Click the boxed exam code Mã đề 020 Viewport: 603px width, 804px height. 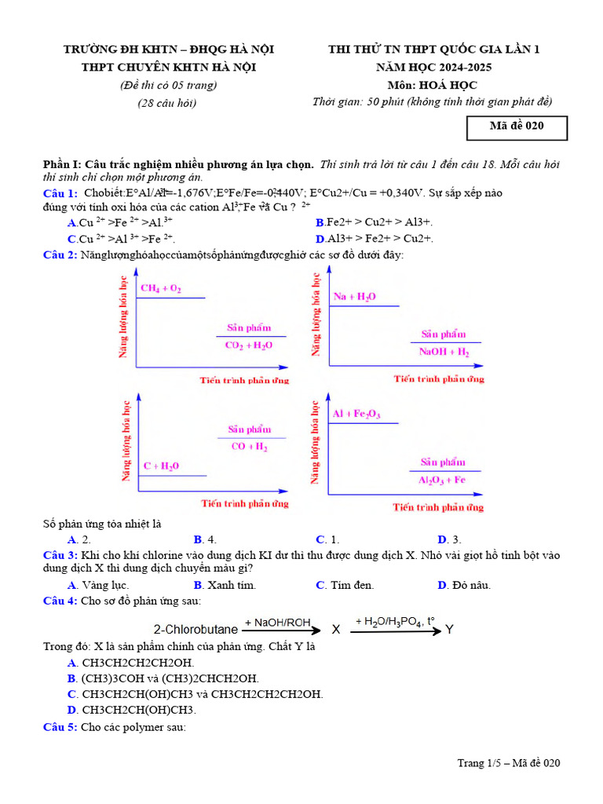[517, 126]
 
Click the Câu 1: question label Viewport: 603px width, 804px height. [60, 193]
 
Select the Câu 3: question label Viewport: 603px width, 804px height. [60, 555]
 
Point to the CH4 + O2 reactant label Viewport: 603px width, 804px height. [161, 289]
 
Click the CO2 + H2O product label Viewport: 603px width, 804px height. [249, 345]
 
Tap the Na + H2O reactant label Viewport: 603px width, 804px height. [354, 297]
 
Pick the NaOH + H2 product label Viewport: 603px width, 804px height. [444, 352]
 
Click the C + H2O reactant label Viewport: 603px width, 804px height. [161, 466]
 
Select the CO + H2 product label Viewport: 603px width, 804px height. [249, 447]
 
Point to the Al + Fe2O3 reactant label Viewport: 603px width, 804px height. [356, 414]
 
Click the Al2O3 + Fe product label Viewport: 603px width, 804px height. [442, 480]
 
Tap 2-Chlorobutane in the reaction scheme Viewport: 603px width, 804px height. [196, 630]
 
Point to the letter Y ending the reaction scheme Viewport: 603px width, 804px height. [449, 630]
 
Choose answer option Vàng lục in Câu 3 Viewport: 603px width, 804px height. [105, 585]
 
